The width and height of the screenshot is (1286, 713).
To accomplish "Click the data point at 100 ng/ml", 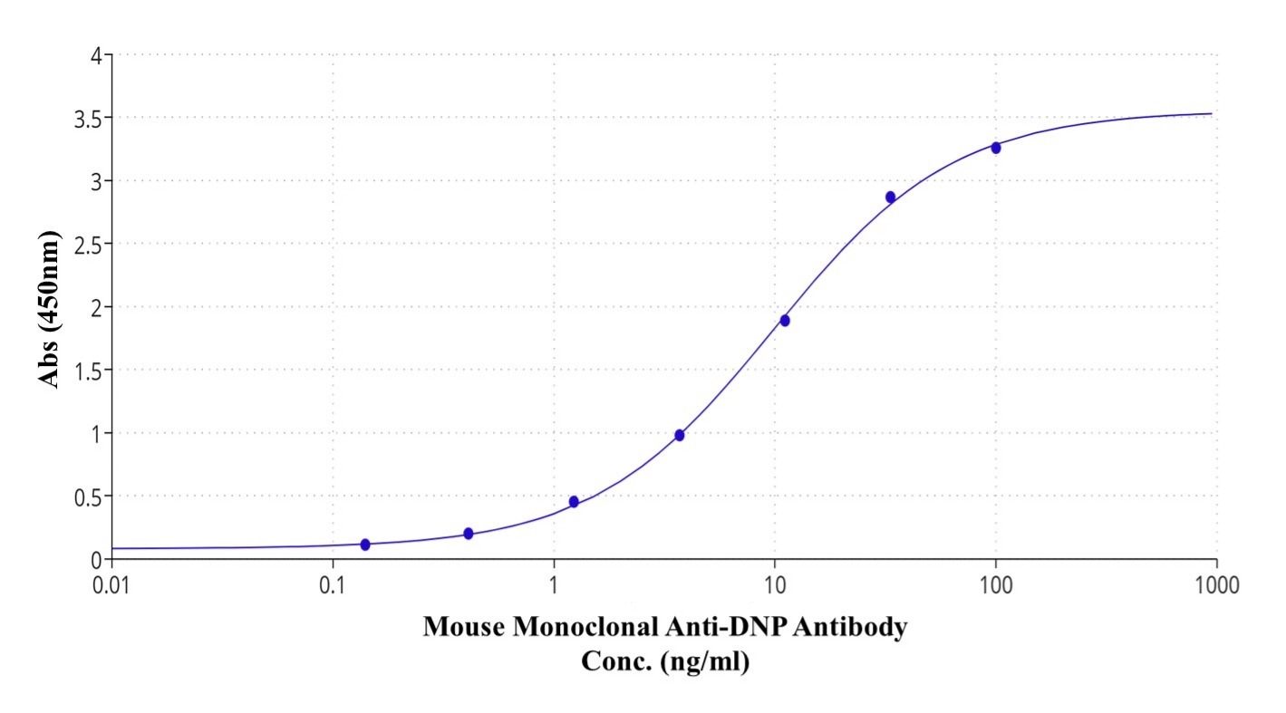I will tap(996, 148).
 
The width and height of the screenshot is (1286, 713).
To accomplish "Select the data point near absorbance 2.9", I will tap(890, 197).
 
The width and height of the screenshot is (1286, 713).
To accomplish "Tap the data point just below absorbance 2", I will tap(785, 320).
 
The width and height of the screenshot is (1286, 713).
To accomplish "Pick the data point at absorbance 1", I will tap(680, 435).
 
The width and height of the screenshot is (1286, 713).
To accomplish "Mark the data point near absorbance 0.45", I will tap(574, 501).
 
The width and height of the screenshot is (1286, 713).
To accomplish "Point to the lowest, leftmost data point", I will tap(365, 544).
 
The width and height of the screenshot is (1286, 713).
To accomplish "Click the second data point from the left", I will tap(469, 534).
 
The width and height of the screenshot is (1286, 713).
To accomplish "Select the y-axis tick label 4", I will tap(95, 55).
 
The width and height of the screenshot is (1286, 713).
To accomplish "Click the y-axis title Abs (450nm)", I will tap(51, 310).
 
